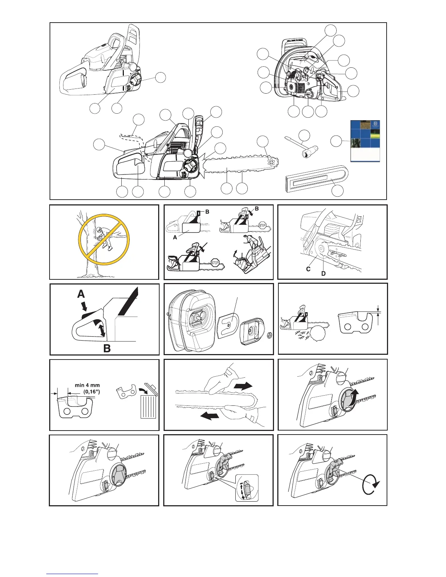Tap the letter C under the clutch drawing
[x=308, y=269]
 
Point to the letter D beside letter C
[x=323, y=273]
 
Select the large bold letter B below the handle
[x=107, y=348]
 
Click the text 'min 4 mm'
[x=87, y=385]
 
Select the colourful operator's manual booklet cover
[x=365, y=141]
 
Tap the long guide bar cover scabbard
[x=315, y=181]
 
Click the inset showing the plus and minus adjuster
[x=247, y=487]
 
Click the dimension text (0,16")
[x=92, y=392]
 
